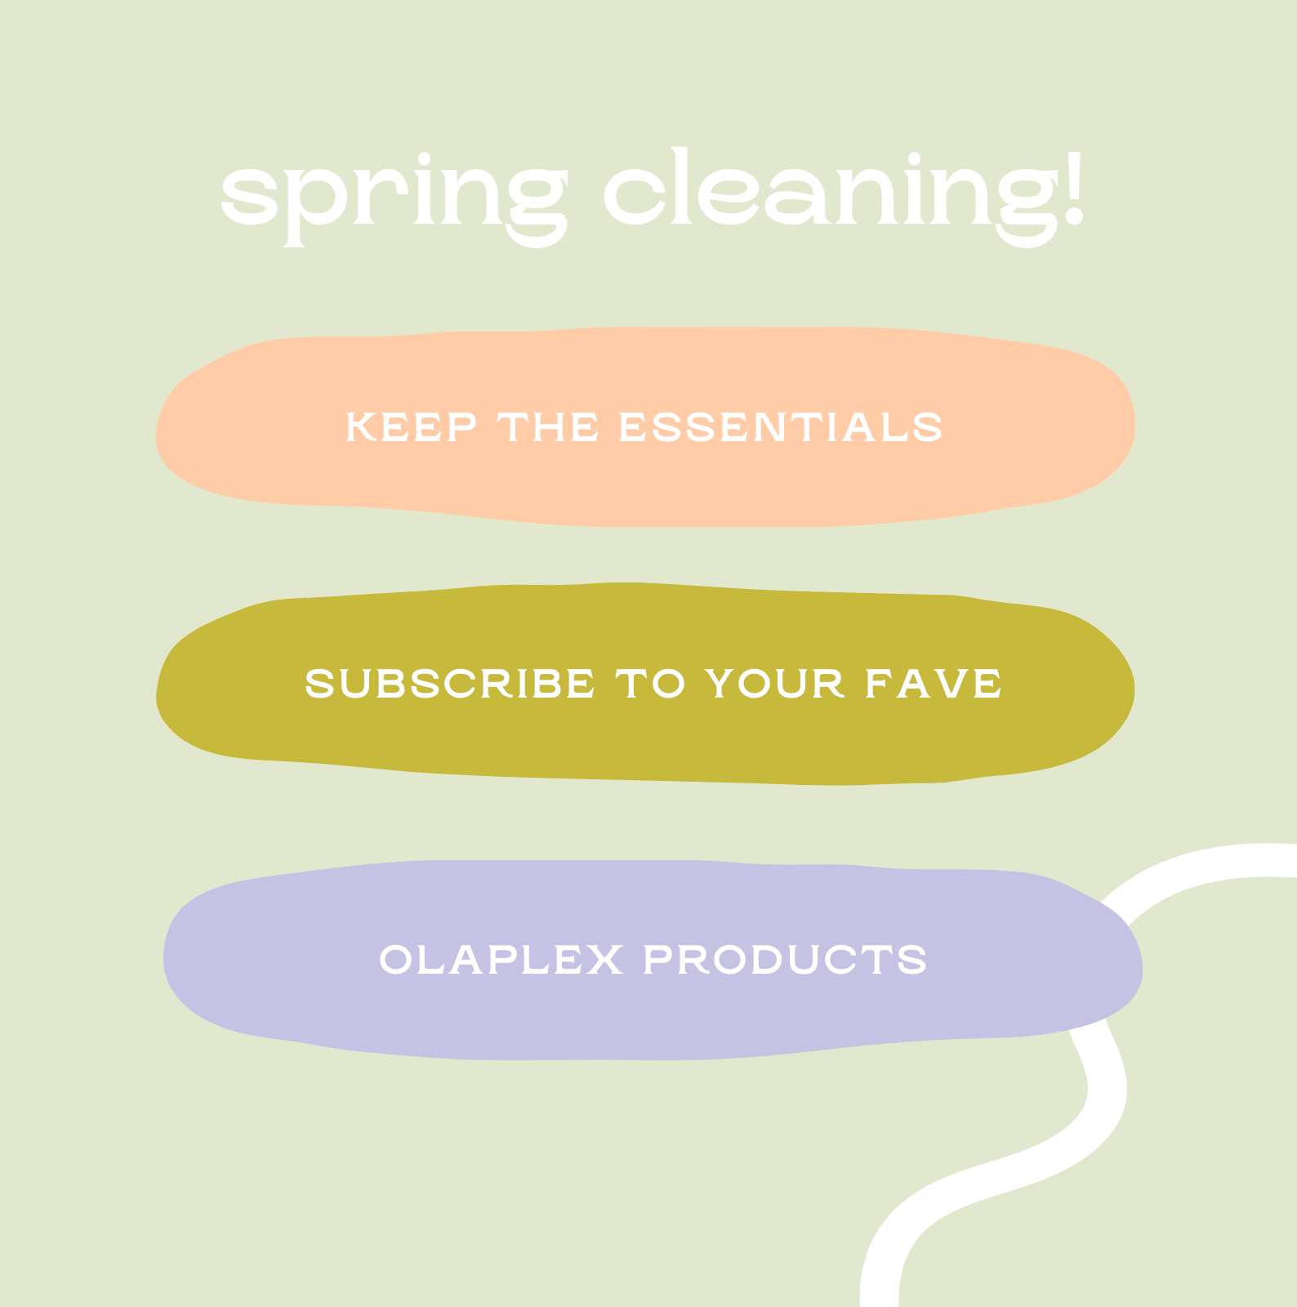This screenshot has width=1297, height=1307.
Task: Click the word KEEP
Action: [x=411, y=428]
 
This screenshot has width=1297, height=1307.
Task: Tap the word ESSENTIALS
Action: [x=780, y=428]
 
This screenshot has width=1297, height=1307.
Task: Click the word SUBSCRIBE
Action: [x=449, y=684]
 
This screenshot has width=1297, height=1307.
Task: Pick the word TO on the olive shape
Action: [x=650, y=684]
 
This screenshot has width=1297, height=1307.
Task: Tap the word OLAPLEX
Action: [x=501, y=960]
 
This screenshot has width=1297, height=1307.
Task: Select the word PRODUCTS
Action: [x=785, y=960]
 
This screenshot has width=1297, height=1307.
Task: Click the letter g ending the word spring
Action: [x=536, y=204]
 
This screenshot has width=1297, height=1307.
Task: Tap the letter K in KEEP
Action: [x=360, y=428]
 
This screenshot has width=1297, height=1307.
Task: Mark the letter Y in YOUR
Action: [x=720, y=684]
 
